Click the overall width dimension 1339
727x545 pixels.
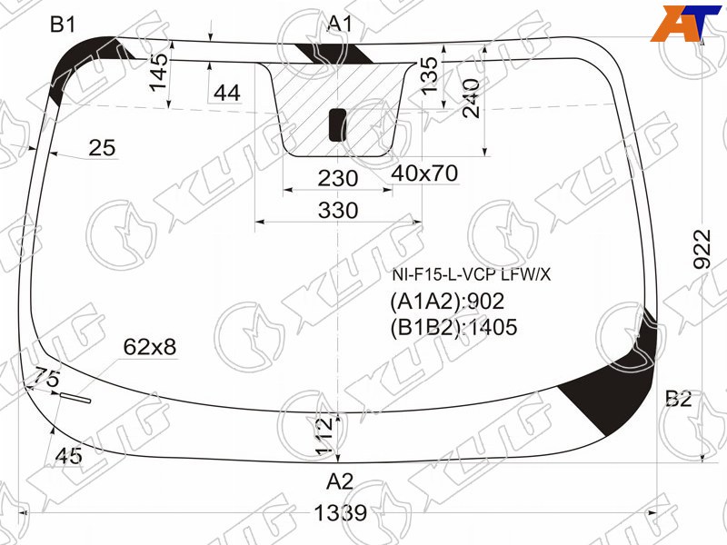tap(340, 513)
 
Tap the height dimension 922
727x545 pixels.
tap(702, 249)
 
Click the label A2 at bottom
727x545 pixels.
tap(340, 481)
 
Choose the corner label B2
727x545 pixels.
tap(678, 398)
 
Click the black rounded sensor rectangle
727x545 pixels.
tap(337, 124)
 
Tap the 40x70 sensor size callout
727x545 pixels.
tap(424, 173)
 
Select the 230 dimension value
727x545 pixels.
tap(338, 178)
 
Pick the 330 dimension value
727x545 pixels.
tap(338, 211)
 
